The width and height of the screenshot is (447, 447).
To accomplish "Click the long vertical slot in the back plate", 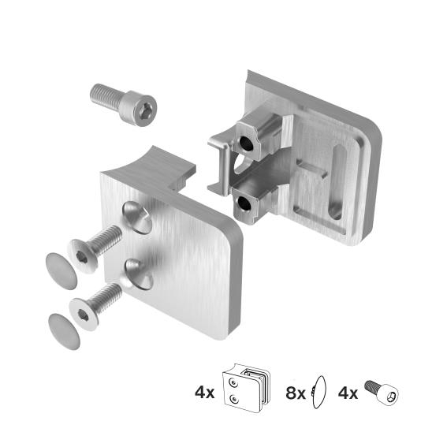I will pos(337,181).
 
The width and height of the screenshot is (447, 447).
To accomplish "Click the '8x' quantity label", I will pos(296,392).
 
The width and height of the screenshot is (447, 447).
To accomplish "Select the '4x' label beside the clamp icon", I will pos(204,392).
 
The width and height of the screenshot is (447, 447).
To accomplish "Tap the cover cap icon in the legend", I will pos(319,391).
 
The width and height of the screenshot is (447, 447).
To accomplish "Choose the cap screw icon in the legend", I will pos(383,392).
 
